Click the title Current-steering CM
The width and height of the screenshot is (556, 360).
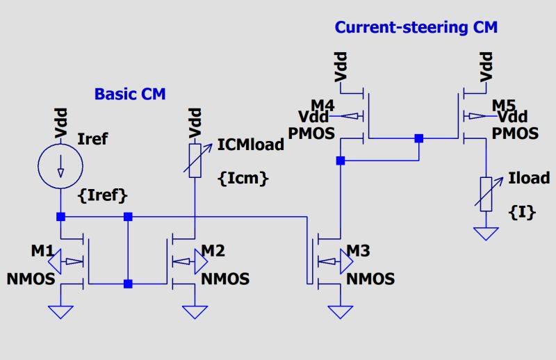(416, 28)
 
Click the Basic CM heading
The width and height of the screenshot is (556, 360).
(130, 94)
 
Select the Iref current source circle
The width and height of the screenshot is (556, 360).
(60, 165)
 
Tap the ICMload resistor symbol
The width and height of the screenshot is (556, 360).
(195, 161)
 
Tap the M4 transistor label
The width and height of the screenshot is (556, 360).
(322, 105)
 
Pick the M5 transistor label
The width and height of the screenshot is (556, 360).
(504, 105)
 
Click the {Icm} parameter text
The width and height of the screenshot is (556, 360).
(243, 178)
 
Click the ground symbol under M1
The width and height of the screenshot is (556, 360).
(60, 311)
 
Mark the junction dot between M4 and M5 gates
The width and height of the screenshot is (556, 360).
(418, 138)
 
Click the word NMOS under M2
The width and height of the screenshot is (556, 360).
(224, 279)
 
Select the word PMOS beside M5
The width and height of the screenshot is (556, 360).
(515, 133)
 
